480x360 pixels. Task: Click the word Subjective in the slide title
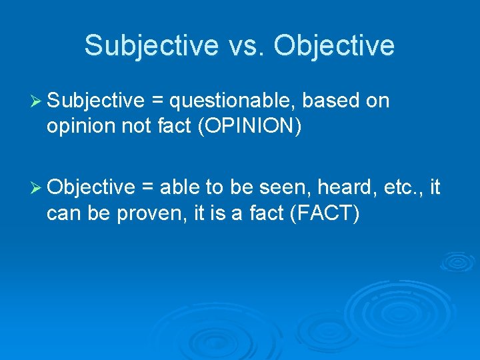(151, 45)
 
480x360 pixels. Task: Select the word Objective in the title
(334, 45)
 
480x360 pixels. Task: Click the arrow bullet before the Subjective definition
(37, 101)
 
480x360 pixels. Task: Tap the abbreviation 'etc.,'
(402, 188)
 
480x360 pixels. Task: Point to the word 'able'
(179, 188)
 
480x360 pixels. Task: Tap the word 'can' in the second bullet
(62, 214)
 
